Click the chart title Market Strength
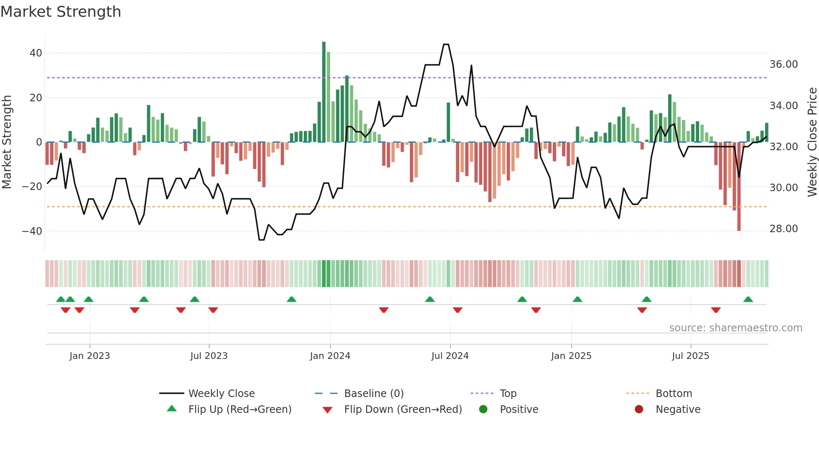[61, 12]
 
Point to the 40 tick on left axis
[36, 53]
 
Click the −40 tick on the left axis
[32, 231]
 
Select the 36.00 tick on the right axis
[783, 64]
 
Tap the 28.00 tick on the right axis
[783, 229]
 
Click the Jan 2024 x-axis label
[330, 356]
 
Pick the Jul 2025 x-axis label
[690, 356]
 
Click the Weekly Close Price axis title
[812, 142]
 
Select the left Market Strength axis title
[7, 142]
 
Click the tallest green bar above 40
[324, 92]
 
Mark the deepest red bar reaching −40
[739, 188]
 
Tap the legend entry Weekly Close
[221, 394]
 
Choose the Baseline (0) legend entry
[374, 394]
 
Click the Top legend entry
[508, 394]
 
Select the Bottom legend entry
[674, 394]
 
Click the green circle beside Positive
[483, 410]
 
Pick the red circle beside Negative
[639, 410]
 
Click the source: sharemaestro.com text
[735, 328]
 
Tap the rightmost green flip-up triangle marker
[748, 300]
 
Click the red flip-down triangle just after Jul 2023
[213, 310]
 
